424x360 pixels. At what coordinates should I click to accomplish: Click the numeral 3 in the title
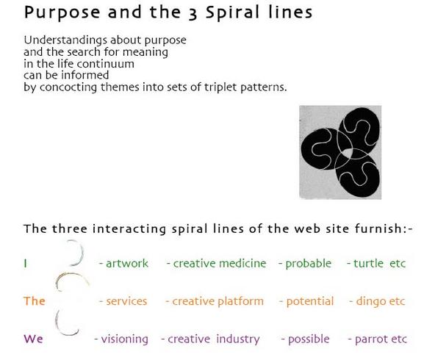pos(193,13)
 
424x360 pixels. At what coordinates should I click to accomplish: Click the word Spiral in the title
pos(232,13)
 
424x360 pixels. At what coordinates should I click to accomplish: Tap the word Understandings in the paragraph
pos(65,40)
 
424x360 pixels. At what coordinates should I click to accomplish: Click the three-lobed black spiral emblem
pos(340,152)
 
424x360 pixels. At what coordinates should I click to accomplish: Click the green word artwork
pos(127,263)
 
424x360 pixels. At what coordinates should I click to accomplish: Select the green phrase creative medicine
pos(220,263)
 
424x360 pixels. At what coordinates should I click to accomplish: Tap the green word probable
pos(309,264)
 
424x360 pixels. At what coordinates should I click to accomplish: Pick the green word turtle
pos(368,263)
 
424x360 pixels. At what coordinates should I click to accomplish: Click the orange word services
pos(126,301)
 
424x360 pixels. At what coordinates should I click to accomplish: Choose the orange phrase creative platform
pos(218,301)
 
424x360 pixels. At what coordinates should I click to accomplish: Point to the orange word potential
pos(310,301)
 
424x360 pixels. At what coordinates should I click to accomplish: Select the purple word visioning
pos(125,339)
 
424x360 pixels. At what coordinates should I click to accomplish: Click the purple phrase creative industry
pos(214,339)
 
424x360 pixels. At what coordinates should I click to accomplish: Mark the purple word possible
pos(309,339)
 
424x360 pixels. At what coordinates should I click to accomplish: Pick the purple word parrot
pos(371,339)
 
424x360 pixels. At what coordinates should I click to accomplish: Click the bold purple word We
pos(33,339)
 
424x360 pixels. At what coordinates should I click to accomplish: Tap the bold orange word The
pos(35,301)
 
